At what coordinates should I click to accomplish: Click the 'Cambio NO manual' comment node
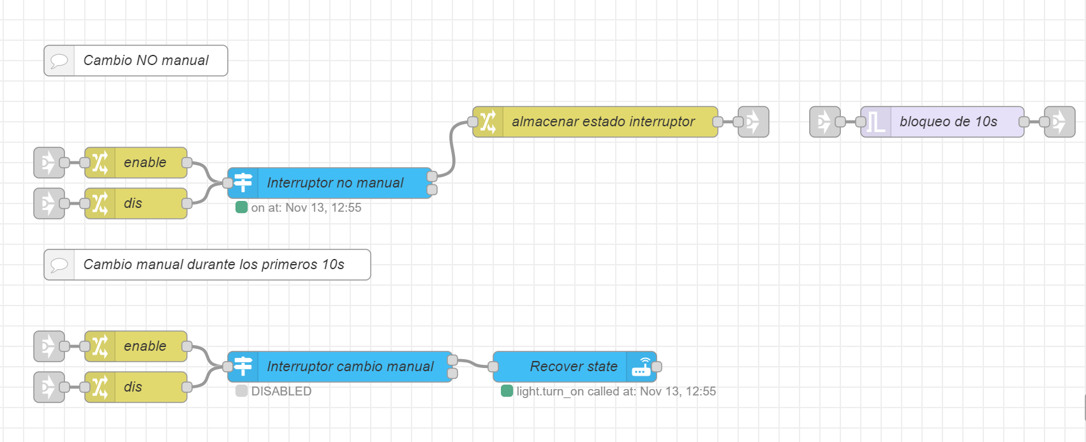[x=146, y=61]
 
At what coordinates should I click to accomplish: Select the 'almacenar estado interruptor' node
[x=603, y=122]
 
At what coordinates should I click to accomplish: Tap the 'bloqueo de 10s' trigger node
[x=948, y=122]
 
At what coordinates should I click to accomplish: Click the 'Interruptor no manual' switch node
[x=335, y=183]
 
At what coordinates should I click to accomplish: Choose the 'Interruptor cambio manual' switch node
[x=350, y=367]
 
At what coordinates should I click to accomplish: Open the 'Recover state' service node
[x=573, y=367]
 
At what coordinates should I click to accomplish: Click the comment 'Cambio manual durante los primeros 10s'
[x=214, y=265]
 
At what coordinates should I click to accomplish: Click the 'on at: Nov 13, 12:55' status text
[x=306, y=208]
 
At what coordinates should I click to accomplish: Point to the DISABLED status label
[x=281, y=392]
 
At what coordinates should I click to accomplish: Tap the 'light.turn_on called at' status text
[x=616, y=392]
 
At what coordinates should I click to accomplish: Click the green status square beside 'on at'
[x=241, y=207]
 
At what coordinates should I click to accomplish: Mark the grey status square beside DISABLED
[x=241, y=391]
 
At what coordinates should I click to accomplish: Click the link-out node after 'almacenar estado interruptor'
[x=754, y=122]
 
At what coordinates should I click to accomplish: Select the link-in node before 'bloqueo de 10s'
[x=825, y=122]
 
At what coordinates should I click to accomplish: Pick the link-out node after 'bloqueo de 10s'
[x=1060, y=122]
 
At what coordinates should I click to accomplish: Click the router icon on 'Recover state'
[x=641, y=367]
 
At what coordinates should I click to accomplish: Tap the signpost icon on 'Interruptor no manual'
[x=243, y=183]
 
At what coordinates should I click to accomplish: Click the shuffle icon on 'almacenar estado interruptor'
[x=488, y=122]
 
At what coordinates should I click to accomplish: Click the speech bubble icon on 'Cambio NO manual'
[x=59, y=61]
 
